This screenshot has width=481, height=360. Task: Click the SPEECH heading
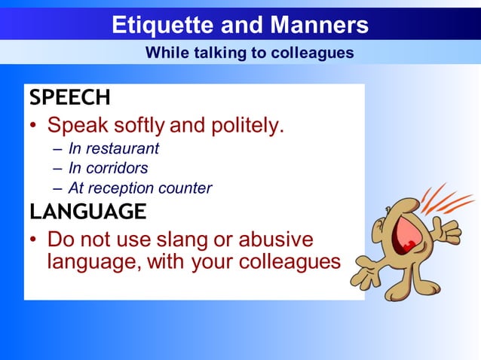(69, 98)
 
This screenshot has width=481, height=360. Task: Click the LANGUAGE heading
(87, 212)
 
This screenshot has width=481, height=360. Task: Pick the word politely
(245, 125)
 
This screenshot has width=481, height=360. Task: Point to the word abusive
(275, 239)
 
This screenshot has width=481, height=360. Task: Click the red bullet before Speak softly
(34, 126)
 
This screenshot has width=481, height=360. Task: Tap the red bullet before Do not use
(34, 240)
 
